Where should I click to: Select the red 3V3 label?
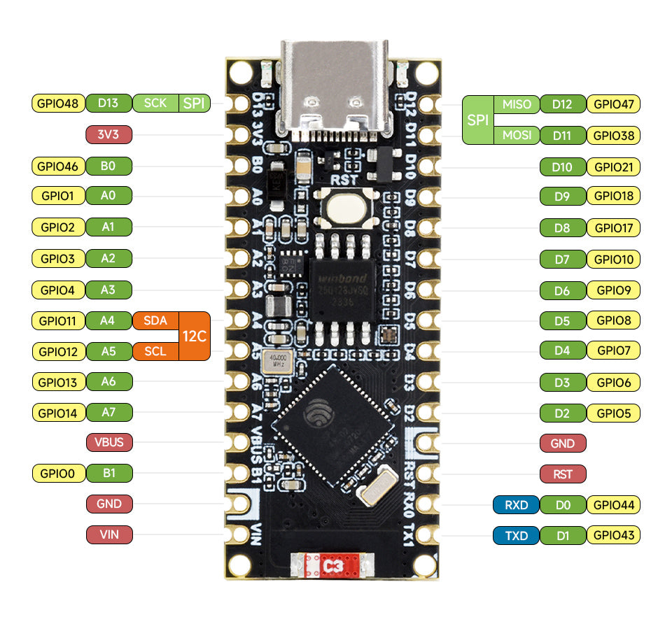(x=108, y=134)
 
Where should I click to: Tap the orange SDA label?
(x=155, y=320)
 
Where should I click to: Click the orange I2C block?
(x=195, y=336)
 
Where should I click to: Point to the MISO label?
(x=517, y=104)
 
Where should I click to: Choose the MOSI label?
(x=517, y=135)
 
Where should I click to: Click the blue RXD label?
(x=515, y=504)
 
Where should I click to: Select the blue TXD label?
(x=515, y=536)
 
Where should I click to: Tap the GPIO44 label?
(x=613, y=504)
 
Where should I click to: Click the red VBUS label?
(x=108, y=442)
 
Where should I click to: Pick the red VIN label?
(x=108, y=535)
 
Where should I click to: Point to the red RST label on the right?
(x=563, y=474)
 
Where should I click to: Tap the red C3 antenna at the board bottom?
(x=333, y=565)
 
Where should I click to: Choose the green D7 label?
(x=562, y=260)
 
